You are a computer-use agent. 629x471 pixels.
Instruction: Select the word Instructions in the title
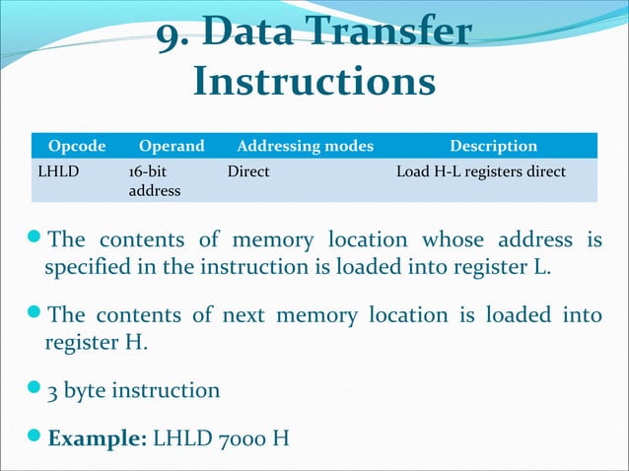(314, 82)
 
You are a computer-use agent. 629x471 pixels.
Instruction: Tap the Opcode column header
(77, 146)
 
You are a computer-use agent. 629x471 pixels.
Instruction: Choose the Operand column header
(172, 146)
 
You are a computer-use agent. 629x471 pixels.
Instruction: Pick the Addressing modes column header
(300, 146)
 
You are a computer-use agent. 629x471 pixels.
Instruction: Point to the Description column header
(493, 146)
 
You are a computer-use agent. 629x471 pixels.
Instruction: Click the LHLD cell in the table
(57, 171)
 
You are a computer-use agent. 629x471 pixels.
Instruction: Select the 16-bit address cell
(155, 180)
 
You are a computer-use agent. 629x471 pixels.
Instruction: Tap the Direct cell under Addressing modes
(248, 171)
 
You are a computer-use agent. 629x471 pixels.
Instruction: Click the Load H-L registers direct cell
(480, 171)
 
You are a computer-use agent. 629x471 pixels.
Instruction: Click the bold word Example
(97, 437)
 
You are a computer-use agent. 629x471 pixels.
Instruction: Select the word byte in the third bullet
(87, 391)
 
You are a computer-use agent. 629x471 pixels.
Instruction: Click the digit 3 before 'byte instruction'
(53, 391)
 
